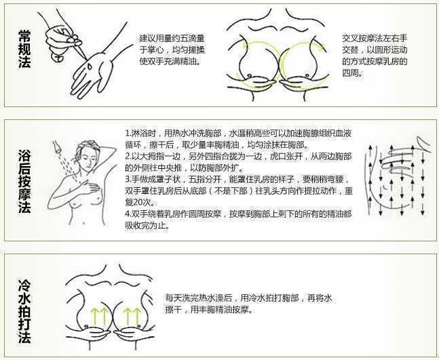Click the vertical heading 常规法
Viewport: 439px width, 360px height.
click(24, 49)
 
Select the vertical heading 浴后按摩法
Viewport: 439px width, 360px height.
click(24, 182)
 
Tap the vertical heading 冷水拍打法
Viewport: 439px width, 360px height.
click(24, 311)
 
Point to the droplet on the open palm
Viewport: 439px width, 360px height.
click(89, 66)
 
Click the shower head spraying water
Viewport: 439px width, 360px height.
click(56, 146)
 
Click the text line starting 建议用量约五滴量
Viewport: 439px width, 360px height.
click(172, 39)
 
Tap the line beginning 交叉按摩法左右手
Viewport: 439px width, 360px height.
click(375, 39)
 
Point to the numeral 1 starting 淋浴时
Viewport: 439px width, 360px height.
click(127, 134)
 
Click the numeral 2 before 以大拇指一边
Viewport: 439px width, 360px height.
click(128, 157)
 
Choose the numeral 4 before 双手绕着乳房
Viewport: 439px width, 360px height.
click(128, 214)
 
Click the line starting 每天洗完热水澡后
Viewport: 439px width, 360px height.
click(248, 298)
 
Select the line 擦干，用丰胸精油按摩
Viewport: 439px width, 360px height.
click(209, 310)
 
